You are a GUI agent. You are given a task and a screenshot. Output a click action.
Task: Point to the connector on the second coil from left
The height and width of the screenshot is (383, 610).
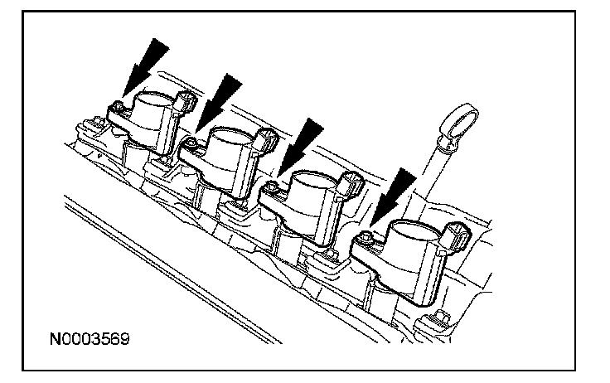click(x=265, y=138)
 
